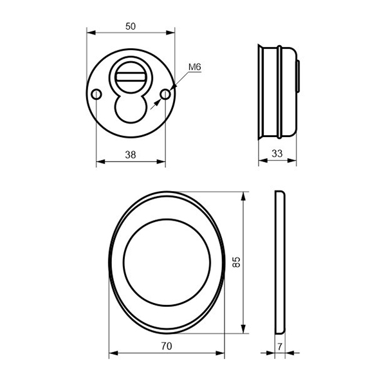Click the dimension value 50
point(131,26)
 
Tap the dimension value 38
point(131,155)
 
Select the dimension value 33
point(277,154)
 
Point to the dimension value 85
point(236,262)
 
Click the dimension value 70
point(167,346)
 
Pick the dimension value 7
point(280,347)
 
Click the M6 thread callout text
point(195,67)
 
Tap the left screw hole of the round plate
point(96,94)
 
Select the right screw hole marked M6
point(165,94)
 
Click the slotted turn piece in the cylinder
point(131,77)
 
